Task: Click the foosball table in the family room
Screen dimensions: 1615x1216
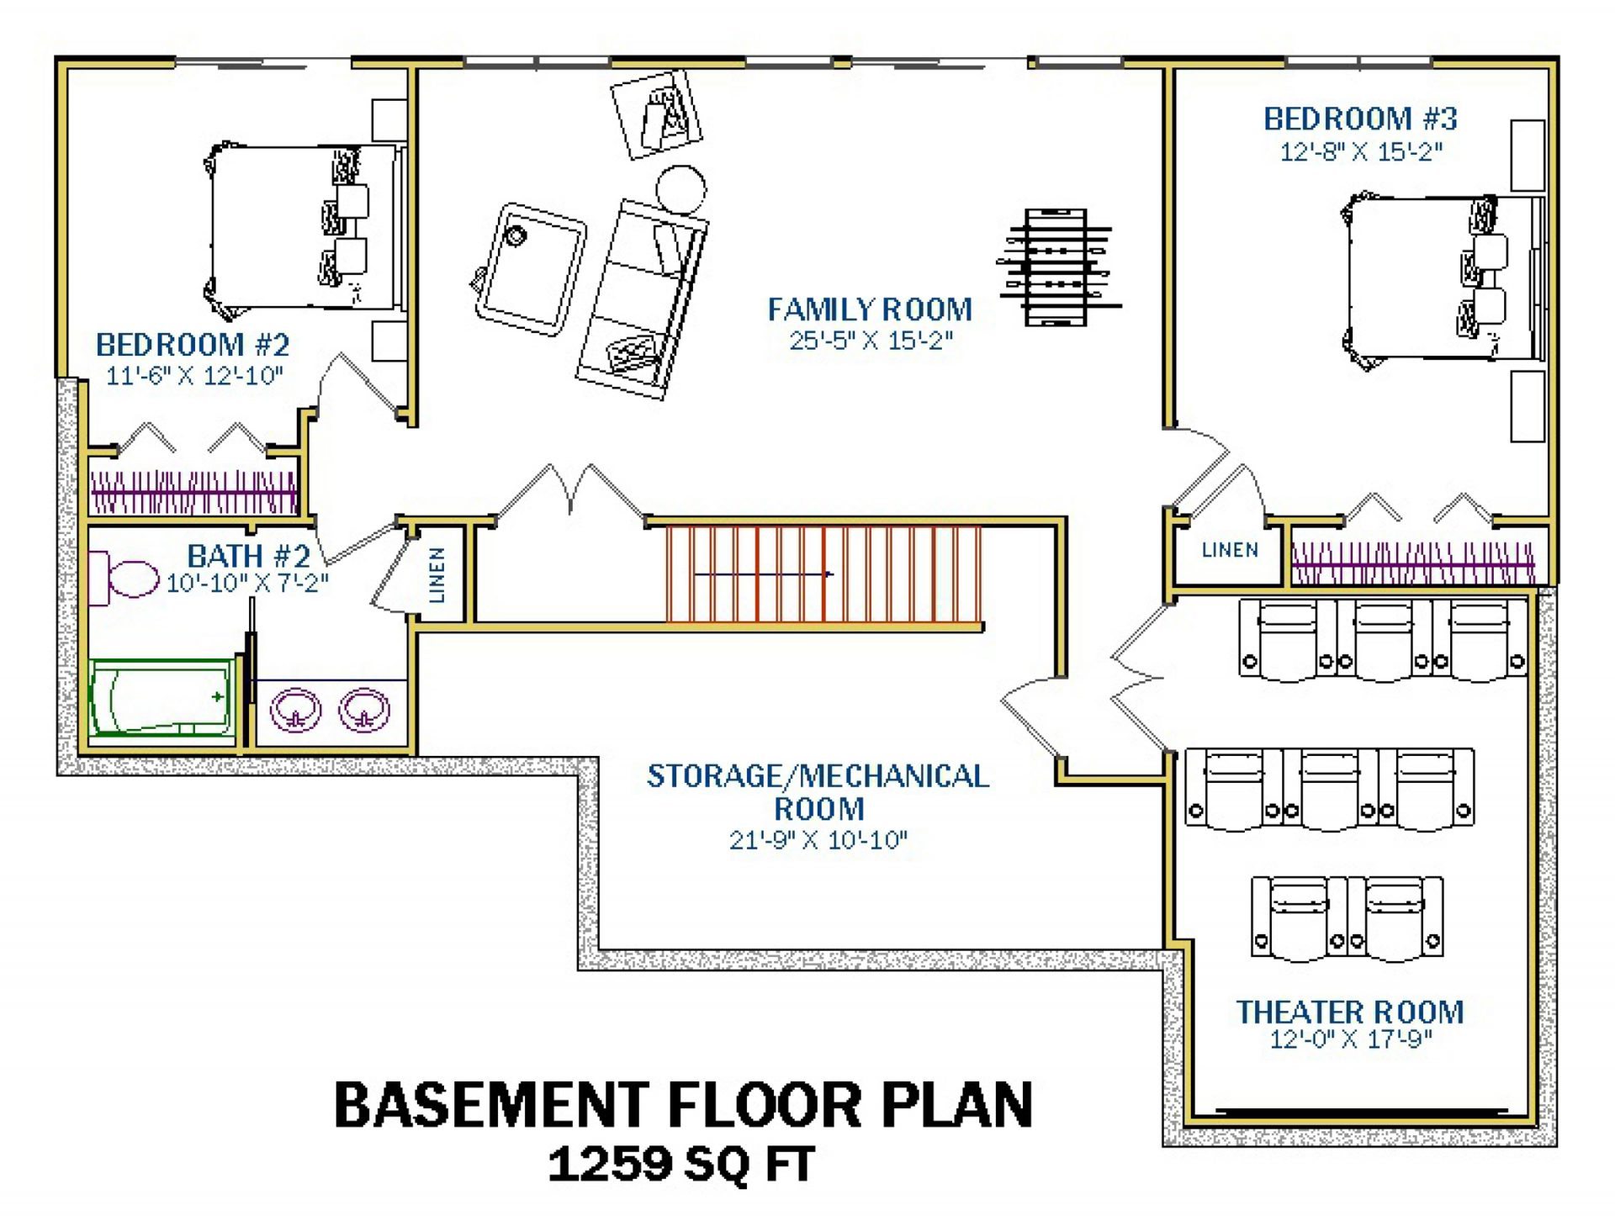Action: [x=1059, y=267]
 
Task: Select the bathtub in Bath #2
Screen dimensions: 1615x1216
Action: [x=162, y=698]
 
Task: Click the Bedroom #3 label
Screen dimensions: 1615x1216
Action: [x=1360, y=119]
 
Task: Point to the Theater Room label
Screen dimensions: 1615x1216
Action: [x=1350, y=1012]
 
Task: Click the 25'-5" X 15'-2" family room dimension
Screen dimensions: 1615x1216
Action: [x=871, y=341]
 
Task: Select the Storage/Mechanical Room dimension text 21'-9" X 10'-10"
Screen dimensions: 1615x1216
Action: [x=818, y=839]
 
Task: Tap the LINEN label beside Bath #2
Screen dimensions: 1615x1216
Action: [x=437, y=574]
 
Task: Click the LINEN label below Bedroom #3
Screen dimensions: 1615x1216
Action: [x=1230, y=550]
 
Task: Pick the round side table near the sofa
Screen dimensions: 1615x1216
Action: [x=680, y=190]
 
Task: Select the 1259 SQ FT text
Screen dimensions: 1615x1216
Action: [x=681, y=1165]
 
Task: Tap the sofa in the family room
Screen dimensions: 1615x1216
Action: [x=643, y=299]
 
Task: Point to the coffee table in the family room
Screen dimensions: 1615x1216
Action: [x=530, y=269]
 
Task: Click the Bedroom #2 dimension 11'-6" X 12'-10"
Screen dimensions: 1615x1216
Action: [x=194, y=376]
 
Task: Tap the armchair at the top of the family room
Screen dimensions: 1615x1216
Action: [x=657, y=114]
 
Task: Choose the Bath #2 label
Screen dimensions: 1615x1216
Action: [x=248, y=556]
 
